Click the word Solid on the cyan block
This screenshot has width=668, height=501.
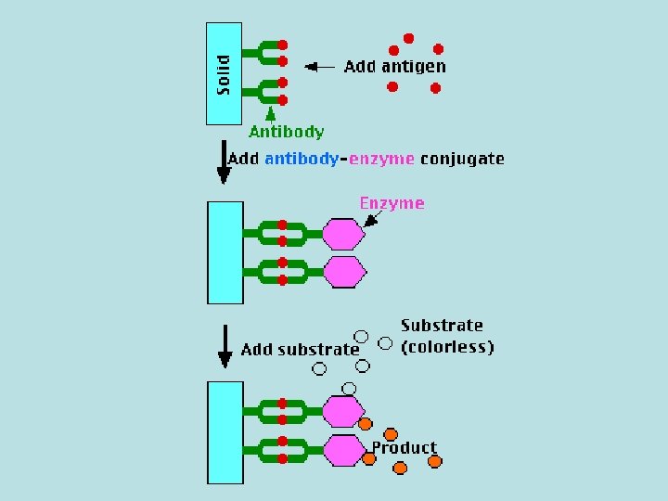tap(224, 74)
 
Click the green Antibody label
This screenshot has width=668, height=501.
tap(287, 132)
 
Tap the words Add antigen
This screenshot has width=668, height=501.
tap(394, 66)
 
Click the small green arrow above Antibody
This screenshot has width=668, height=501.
tap(269, 113)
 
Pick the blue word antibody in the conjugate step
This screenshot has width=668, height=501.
tap(302, 159)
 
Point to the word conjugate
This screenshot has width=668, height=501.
tap(462, 159)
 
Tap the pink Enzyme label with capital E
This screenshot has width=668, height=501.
tap(392, 203)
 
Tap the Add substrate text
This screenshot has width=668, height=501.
tap(300, 350)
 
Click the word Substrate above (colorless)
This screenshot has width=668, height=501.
tap(442, 326)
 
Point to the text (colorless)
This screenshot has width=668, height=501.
tap(446, 347)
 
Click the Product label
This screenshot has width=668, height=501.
tap(404, 448)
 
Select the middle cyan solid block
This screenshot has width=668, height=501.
tap(225, 252)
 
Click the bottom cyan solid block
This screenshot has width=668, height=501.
tap(225, 431)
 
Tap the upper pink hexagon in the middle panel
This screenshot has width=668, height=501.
tap(343, 233)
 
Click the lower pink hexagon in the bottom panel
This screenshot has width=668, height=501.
tap(343, 450)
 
